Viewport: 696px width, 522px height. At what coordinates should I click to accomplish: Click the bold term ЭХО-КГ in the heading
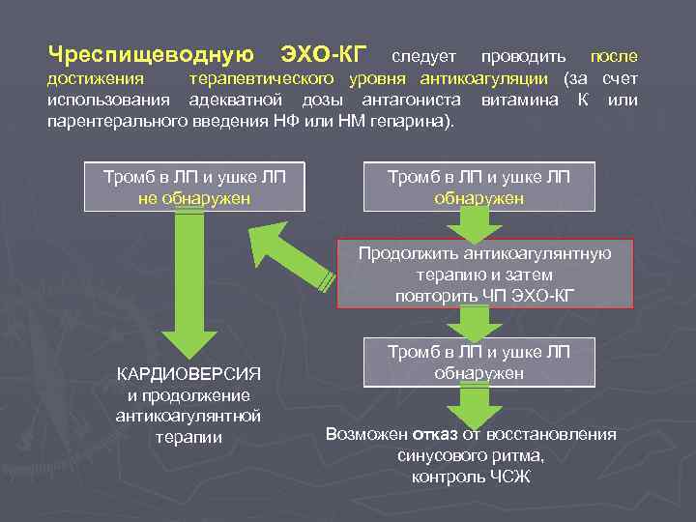coord(323,53)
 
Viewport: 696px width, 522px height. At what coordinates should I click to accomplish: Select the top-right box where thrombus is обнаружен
coord(479,187)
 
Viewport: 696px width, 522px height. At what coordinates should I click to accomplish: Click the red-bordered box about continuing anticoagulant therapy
coord(484,274)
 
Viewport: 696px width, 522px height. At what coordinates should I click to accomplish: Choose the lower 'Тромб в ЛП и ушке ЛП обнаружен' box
coord(479,362)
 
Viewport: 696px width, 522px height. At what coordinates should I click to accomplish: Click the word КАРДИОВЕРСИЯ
coord(188,374)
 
